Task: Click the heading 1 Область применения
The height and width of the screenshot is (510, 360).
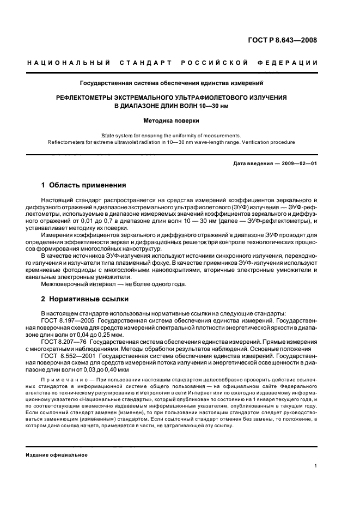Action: click(84, 185)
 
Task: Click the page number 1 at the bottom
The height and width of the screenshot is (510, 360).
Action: click(316, 466)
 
